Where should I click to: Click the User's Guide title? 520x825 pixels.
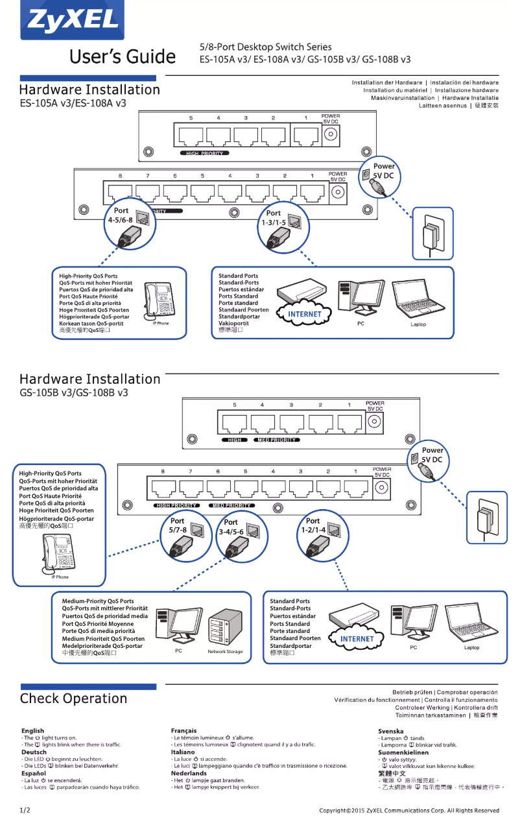[x=123, y=56]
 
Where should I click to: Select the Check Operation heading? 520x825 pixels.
[x=73, y=699]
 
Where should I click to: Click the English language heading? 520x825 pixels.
[x=33, y=731]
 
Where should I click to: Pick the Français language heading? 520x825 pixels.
[x=183, y=731]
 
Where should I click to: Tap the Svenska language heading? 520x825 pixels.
[x=391, y=731]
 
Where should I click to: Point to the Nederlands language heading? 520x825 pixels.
[x=189, y=773]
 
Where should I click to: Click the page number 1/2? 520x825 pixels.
[x=25, y=810]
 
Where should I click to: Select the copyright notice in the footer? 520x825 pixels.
[x=409, y=810]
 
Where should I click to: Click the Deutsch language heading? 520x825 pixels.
[x=34, y=752]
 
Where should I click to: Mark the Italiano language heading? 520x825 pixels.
[x=183, y=752]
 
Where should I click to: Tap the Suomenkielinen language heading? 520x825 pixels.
[x=403, y=752]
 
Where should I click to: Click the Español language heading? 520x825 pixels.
[x=34, y=773]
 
